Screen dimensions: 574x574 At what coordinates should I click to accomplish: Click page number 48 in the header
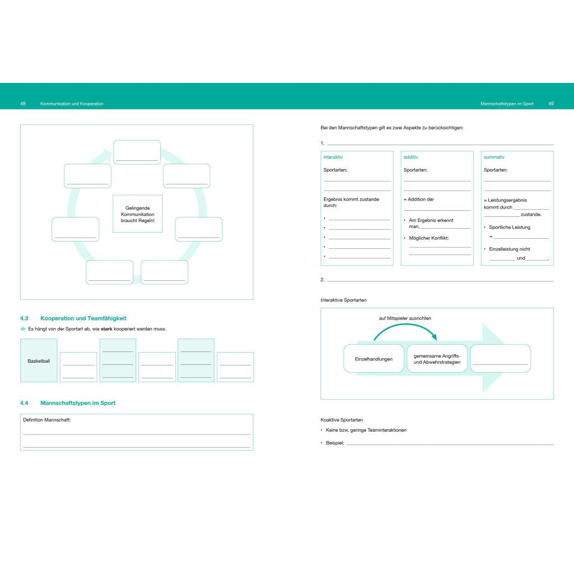click(x=22, y=104)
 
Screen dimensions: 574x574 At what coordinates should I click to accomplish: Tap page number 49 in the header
click(x=551, y=104)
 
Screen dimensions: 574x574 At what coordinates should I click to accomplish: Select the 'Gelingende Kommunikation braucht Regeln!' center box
click(x=138, y=214)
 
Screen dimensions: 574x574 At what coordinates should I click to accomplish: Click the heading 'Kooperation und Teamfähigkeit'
click(x=83, y=318)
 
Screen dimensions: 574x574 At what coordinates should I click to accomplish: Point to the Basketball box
click(x=39, y=360)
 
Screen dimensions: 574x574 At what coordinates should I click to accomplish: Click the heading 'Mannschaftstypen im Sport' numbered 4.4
click(x=77, y=402)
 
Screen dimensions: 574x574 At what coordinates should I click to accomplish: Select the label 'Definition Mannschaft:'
click(x=47, y=420)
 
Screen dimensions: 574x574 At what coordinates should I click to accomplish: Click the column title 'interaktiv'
click(x=333, y=157)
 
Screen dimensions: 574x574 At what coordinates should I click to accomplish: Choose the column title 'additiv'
click(x=411, y=157)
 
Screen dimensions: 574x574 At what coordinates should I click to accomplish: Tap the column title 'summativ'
click(x=494, y=157)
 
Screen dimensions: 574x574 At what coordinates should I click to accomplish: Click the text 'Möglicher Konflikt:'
click(x=429, y=238)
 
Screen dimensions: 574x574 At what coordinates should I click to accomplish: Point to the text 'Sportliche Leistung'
click(x=510, y=228)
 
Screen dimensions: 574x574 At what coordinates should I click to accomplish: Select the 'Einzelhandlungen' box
click(x=374, y=359)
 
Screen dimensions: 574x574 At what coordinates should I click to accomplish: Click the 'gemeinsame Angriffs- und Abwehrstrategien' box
click(x=437, y=359)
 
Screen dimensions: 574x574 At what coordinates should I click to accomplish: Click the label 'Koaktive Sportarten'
click(x=341, y=420)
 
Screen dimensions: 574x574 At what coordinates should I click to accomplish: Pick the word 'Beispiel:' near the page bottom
click(x=335, y=443)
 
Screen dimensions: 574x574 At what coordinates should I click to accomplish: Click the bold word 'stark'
click(x=107, y=328)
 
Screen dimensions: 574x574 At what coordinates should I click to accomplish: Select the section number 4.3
click(x=24, y=318)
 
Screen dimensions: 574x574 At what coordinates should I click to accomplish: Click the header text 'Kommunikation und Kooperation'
click(x=72, y=104)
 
